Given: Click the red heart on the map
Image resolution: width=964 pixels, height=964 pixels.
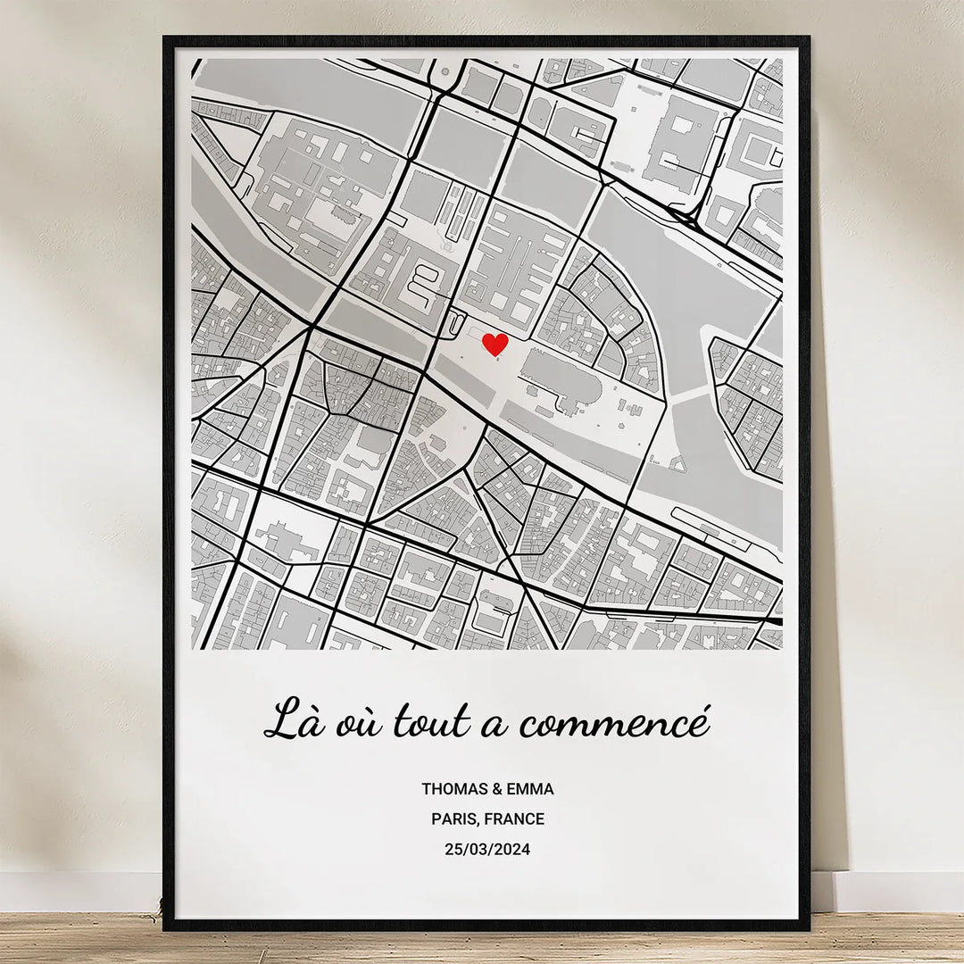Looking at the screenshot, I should coord(494,344).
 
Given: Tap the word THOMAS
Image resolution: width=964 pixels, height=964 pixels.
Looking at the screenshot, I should coord(455,789).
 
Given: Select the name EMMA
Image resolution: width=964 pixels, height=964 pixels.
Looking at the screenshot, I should coord(530,789).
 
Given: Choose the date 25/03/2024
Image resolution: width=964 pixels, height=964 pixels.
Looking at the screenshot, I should coord(487,850).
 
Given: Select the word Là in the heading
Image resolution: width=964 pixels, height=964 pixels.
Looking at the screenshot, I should coord(293,719).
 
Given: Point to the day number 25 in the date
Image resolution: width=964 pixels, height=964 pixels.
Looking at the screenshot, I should coord(453,850).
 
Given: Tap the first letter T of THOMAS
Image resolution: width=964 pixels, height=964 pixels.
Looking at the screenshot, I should coord(427,789).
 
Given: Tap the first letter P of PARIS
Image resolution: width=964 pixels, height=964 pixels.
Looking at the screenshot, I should coord(436,819).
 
